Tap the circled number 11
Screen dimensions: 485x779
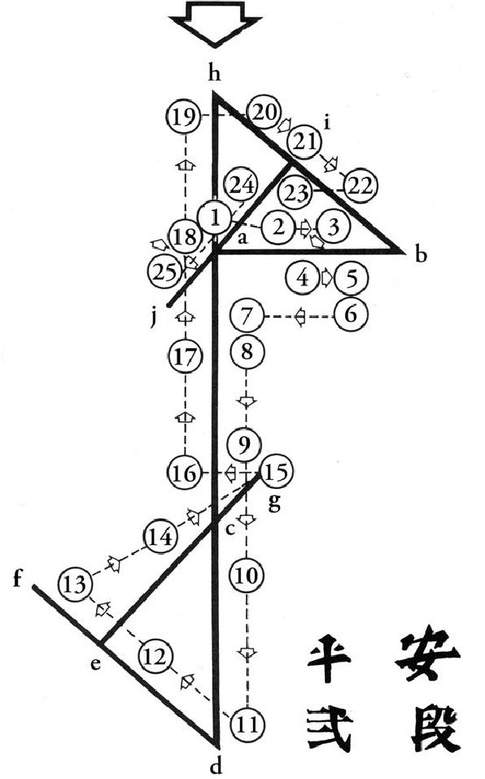[x=247, y=726]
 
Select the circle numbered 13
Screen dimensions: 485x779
[x=75, y=585]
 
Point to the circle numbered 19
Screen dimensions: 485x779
[x=184, y=117]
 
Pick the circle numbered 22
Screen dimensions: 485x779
[x=360, y=185]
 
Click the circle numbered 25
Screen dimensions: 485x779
[x=165, y=272]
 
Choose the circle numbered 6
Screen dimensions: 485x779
[x=351, y=315]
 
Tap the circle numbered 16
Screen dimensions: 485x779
[x=185, y=473]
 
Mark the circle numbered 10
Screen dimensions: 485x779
[x=247, y=576]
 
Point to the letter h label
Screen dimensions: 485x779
[x=214, y=74]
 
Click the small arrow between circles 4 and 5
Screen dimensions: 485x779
[x=326, y=277]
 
